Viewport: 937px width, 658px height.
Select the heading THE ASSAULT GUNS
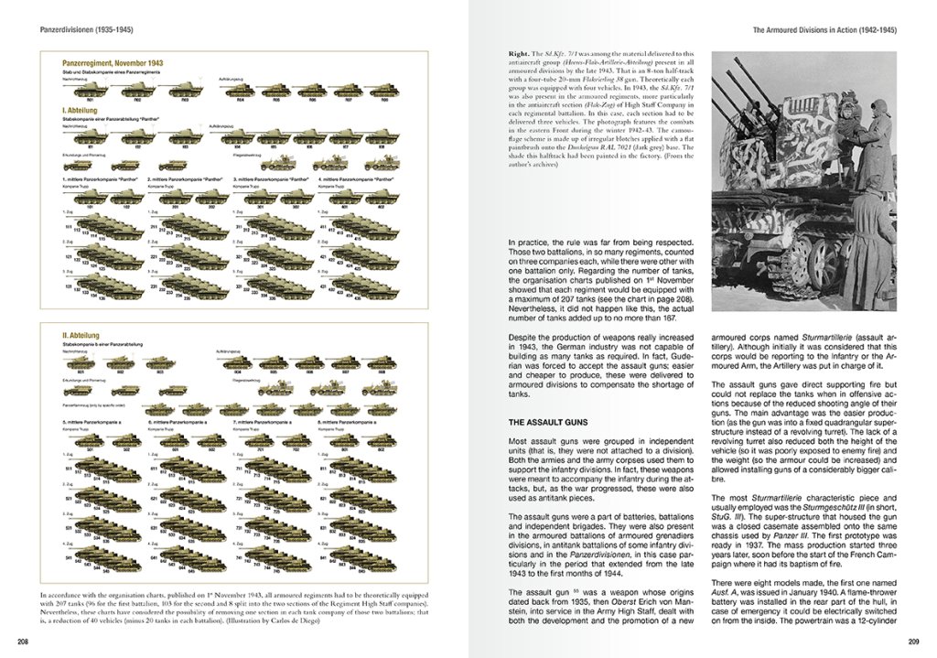pyautogui.click(x=549, y=423)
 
